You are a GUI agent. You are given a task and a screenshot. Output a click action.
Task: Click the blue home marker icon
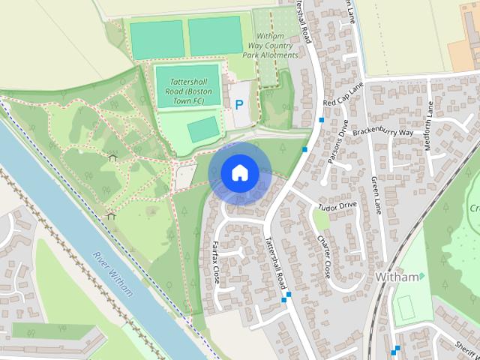click(238, 172)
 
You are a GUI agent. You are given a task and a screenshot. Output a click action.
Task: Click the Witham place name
click(395, 277)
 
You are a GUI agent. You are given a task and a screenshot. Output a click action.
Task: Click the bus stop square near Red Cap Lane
click(322, 120)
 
